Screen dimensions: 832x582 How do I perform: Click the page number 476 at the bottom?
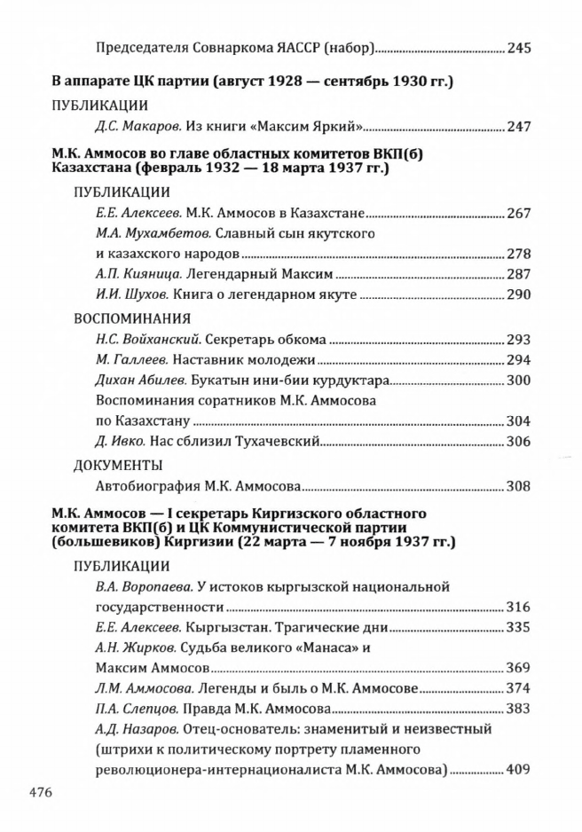40,790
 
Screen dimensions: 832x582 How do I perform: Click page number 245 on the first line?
519,48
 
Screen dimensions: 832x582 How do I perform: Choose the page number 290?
519,294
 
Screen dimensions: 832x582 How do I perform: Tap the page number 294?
519,359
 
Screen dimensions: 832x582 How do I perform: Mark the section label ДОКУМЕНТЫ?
118,465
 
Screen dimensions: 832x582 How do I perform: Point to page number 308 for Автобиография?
519,486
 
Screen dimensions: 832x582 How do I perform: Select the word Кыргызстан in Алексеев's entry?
207,628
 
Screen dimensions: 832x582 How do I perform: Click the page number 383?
519,709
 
